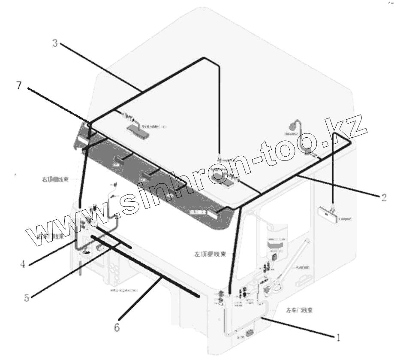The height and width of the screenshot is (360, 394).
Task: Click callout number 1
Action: point(338,338)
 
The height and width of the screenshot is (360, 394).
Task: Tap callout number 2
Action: point(384,198)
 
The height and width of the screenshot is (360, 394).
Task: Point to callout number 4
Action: point(22,264)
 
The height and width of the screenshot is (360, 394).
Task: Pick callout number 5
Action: point(27,297)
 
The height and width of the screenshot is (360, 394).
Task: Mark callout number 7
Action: point(18,85)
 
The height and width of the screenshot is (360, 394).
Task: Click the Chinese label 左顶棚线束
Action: point(210,254)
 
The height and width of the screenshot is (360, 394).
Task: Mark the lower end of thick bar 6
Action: point(198,296)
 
